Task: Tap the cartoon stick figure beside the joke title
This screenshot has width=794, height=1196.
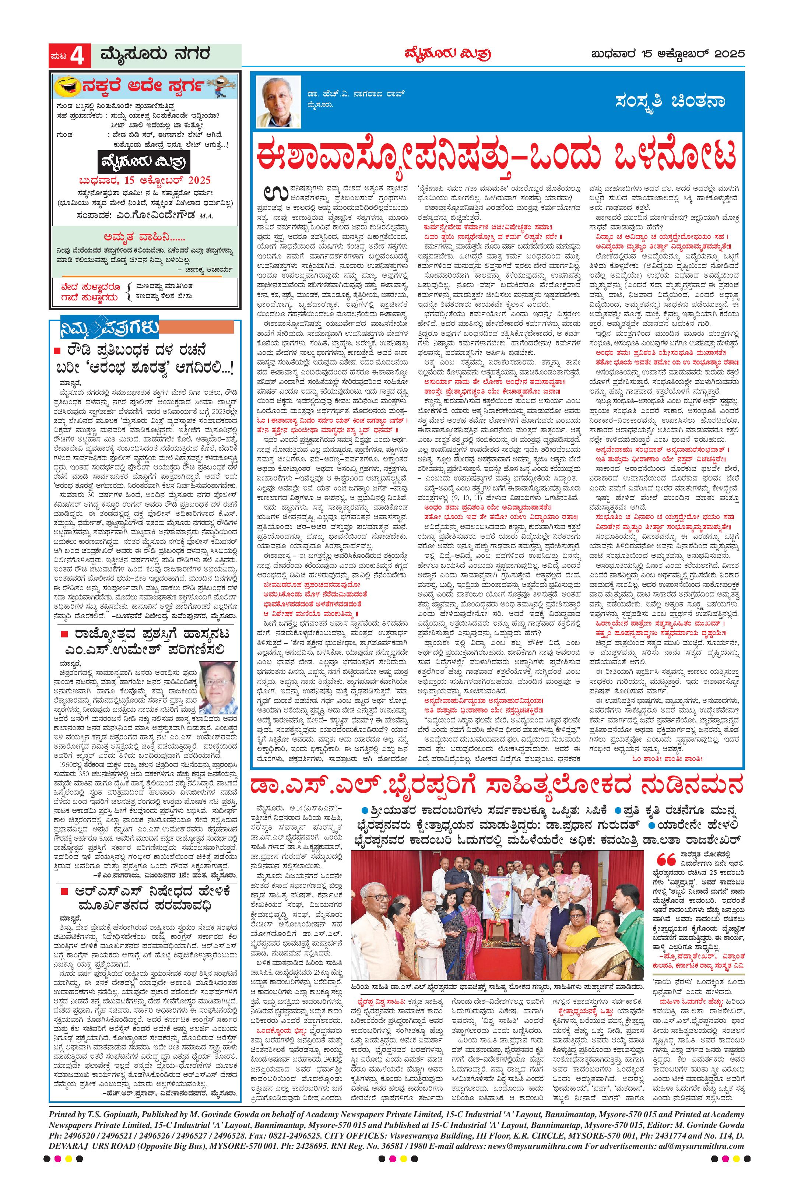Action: [218, 84]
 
